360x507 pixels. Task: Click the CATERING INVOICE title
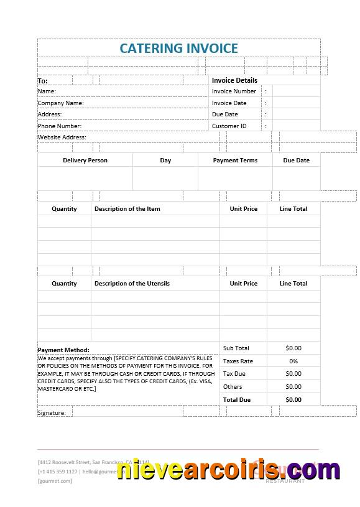[x=178, y=48]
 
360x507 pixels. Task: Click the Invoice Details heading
[x=234, y=80]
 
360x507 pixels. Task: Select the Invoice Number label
[x=234, y=91]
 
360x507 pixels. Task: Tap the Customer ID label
[x=229, y=126]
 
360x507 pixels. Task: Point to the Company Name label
[x=60, y=103]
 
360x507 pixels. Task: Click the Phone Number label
[x=59, y=126]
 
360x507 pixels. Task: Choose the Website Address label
[x=62, y=137]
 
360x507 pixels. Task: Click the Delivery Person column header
[x=85, y=160]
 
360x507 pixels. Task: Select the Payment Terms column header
[x=235, y=160]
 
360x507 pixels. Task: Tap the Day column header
[x=165, y=160]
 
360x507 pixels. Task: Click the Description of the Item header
[x=127, y=209]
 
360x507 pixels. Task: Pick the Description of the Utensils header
[x=132, y=284]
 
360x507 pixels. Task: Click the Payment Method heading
[x=63, y=350]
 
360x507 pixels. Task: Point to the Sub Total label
[x=236, y=348]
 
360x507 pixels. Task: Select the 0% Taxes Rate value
[x=293, y=361]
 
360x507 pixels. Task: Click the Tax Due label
[x=234, y=374]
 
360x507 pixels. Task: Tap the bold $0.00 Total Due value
[x=293, y=400]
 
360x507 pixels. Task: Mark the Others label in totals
[x=233, y=387]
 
